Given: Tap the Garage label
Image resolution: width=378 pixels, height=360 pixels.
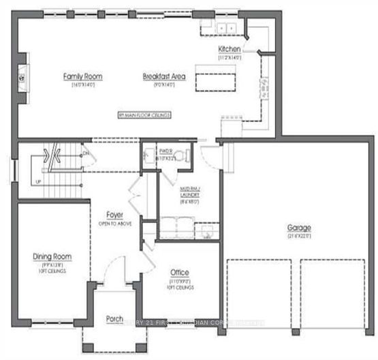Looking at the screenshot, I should (299, 227).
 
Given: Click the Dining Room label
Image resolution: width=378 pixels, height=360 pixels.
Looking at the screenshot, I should (52, 257).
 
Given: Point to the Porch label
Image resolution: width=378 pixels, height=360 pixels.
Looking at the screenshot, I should (114, 318).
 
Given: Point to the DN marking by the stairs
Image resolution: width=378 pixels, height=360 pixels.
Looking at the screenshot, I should (86, 153).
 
